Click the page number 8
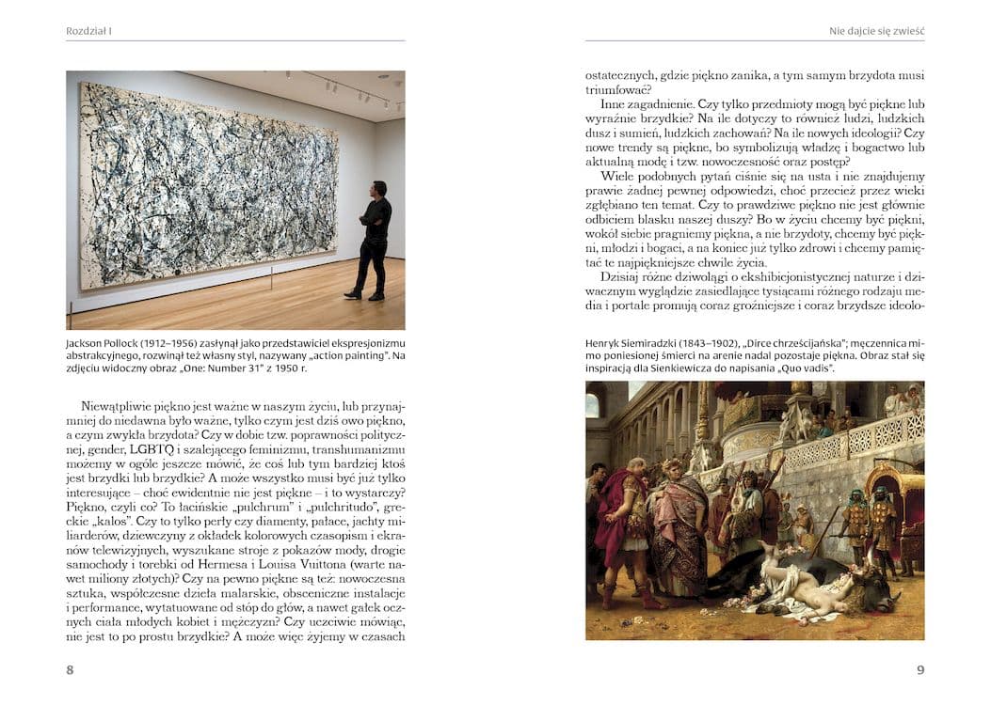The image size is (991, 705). [x=71, y=670]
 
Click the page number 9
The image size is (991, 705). [x=920, y=670]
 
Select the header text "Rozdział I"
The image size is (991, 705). [x=89, y=31]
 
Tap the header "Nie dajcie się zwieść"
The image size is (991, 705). [x=876, y=31]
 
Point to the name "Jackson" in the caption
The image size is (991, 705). [x=87, y=343]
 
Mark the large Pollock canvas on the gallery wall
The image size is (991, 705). [x=207, y=183]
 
